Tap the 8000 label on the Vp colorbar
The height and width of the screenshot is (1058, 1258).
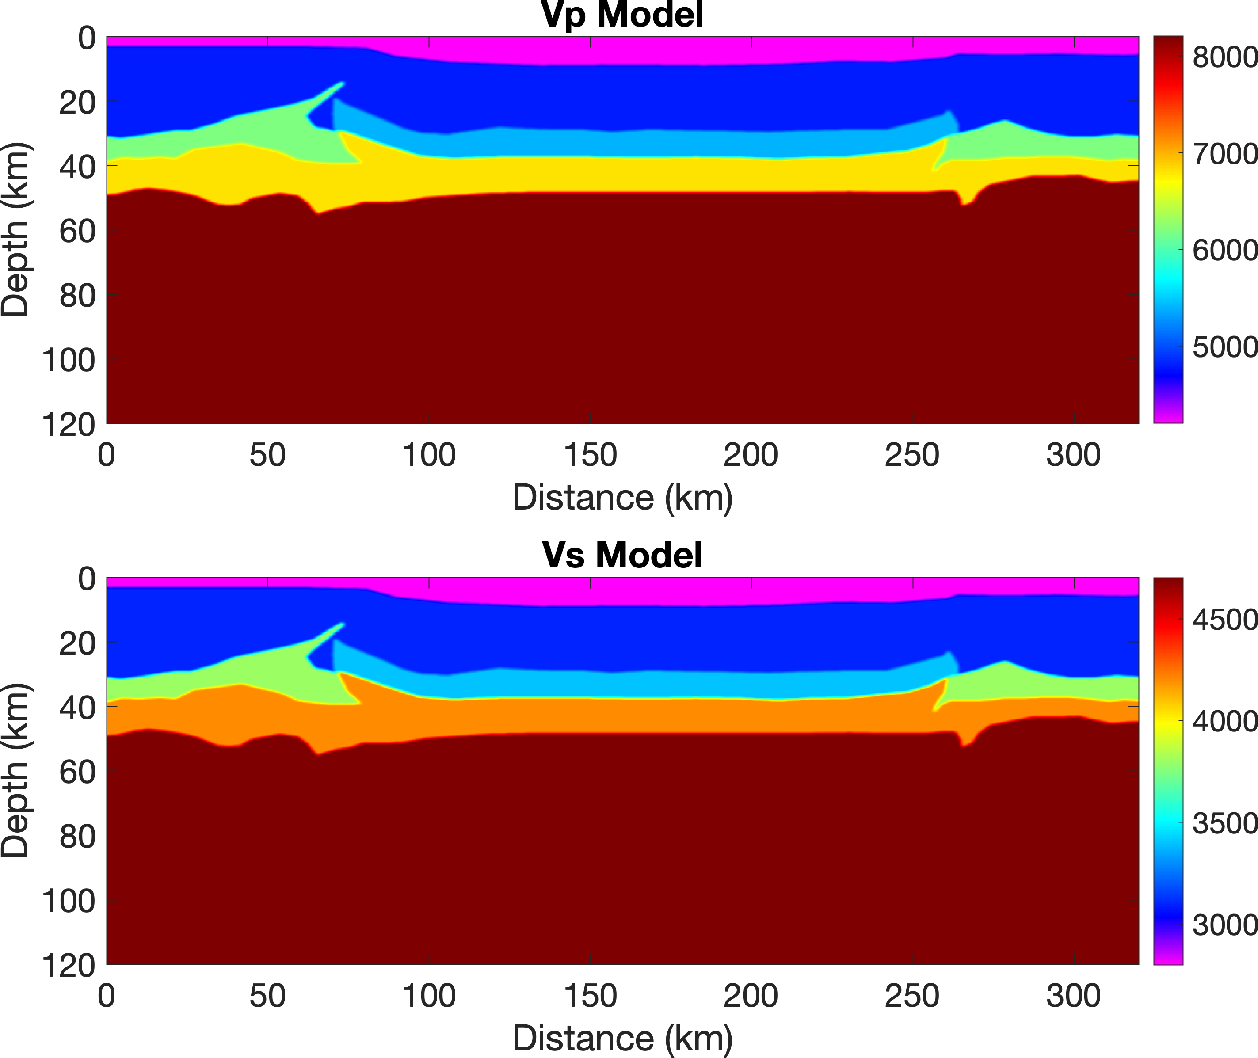point(1224,57)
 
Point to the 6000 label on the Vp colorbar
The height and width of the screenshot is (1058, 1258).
point(1224,250)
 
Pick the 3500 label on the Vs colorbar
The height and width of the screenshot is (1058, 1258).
point(1224,823)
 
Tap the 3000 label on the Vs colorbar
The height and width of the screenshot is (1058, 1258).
point(1224,925)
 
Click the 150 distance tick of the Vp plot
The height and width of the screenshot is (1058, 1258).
point(590,455)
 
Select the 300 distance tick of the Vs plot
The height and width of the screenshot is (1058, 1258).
point(1073,996)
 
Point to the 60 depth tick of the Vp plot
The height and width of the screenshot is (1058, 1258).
point(77,231)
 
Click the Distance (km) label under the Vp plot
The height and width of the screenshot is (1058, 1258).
point(622,498)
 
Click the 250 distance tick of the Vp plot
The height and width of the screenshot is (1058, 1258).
point(912,455)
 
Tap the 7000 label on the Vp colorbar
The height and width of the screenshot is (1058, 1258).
point(1224,154)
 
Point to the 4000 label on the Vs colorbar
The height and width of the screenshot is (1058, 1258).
point(1224,722)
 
